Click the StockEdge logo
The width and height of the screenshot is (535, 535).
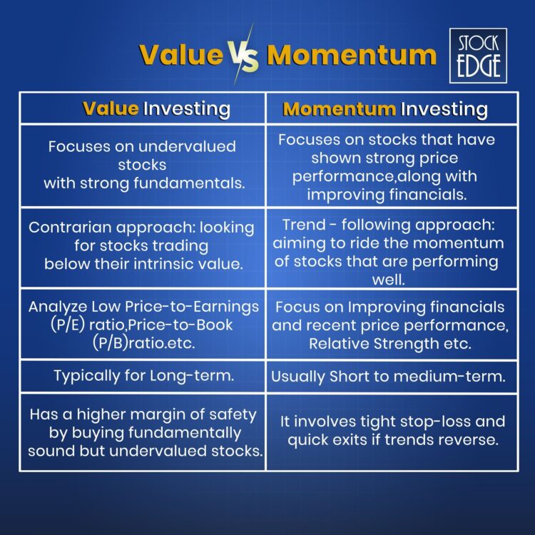[x=479, y=55]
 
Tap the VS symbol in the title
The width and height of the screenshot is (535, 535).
[x=245, y=55]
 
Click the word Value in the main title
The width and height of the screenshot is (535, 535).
[x=180, y=55]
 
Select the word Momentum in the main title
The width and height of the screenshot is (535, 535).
[x=351, y=55]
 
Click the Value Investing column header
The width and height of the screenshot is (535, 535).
[x=156, y=108]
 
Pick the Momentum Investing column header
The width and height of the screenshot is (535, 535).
[x=385, y=109]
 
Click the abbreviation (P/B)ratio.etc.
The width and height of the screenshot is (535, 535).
[x=142, y=342]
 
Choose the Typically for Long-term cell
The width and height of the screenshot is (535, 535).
[x=142, y=376]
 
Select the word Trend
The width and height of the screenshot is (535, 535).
[x=301, y=225]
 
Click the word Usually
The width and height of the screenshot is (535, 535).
[x=298, y=377]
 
